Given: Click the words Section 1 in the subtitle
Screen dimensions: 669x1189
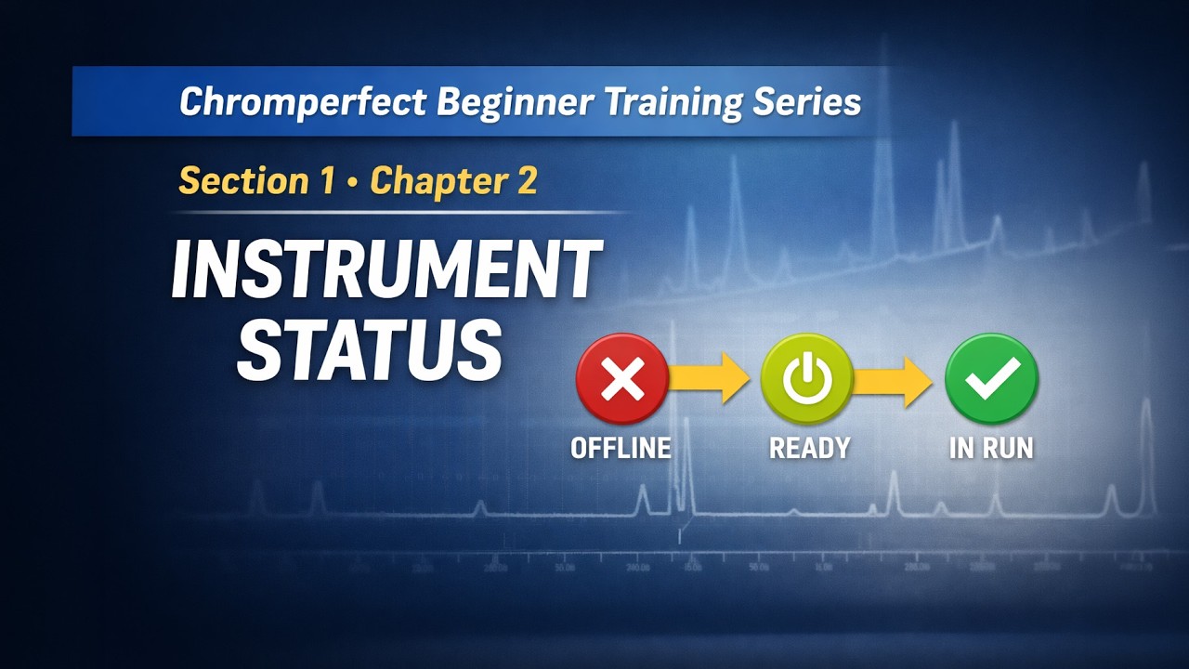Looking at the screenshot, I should [256, 180].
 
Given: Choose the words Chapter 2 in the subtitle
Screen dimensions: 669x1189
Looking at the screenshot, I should [453, 180].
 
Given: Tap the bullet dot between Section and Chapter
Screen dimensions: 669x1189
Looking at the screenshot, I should [352, 182].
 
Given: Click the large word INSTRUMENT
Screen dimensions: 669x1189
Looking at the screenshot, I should [386, 270].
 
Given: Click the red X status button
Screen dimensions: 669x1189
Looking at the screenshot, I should [622, 379].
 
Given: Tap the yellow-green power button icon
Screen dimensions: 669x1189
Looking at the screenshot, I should [806, 379].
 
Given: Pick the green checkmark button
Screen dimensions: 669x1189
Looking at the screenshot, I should [991, 379].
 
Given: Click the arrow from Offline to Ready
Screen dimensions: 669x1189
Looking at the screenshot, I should [710, 378].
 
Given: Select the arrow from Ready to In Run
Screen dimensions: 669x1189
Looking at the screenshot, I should [894, 378].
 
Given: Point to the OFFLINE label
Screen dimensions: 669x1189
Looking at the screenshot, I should [621, 448].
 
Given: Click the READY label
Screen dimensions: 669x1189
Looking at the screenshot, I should [809, 448].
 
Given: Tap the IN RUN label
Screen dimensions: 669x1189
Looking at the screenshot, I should [991, 448].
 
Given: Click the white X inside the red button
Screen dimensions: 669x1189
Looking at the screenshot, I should [622, 379].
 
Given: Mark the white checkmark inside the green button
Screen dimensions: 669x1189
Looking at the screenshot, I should [991, 377].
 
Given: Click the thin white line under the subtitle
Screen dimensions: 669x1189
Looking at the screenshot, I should [399, 213].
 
